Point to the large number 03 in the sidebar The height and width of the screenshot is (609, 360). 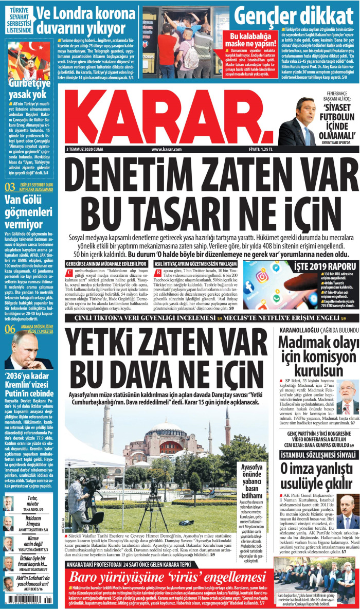pos(10,187)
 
